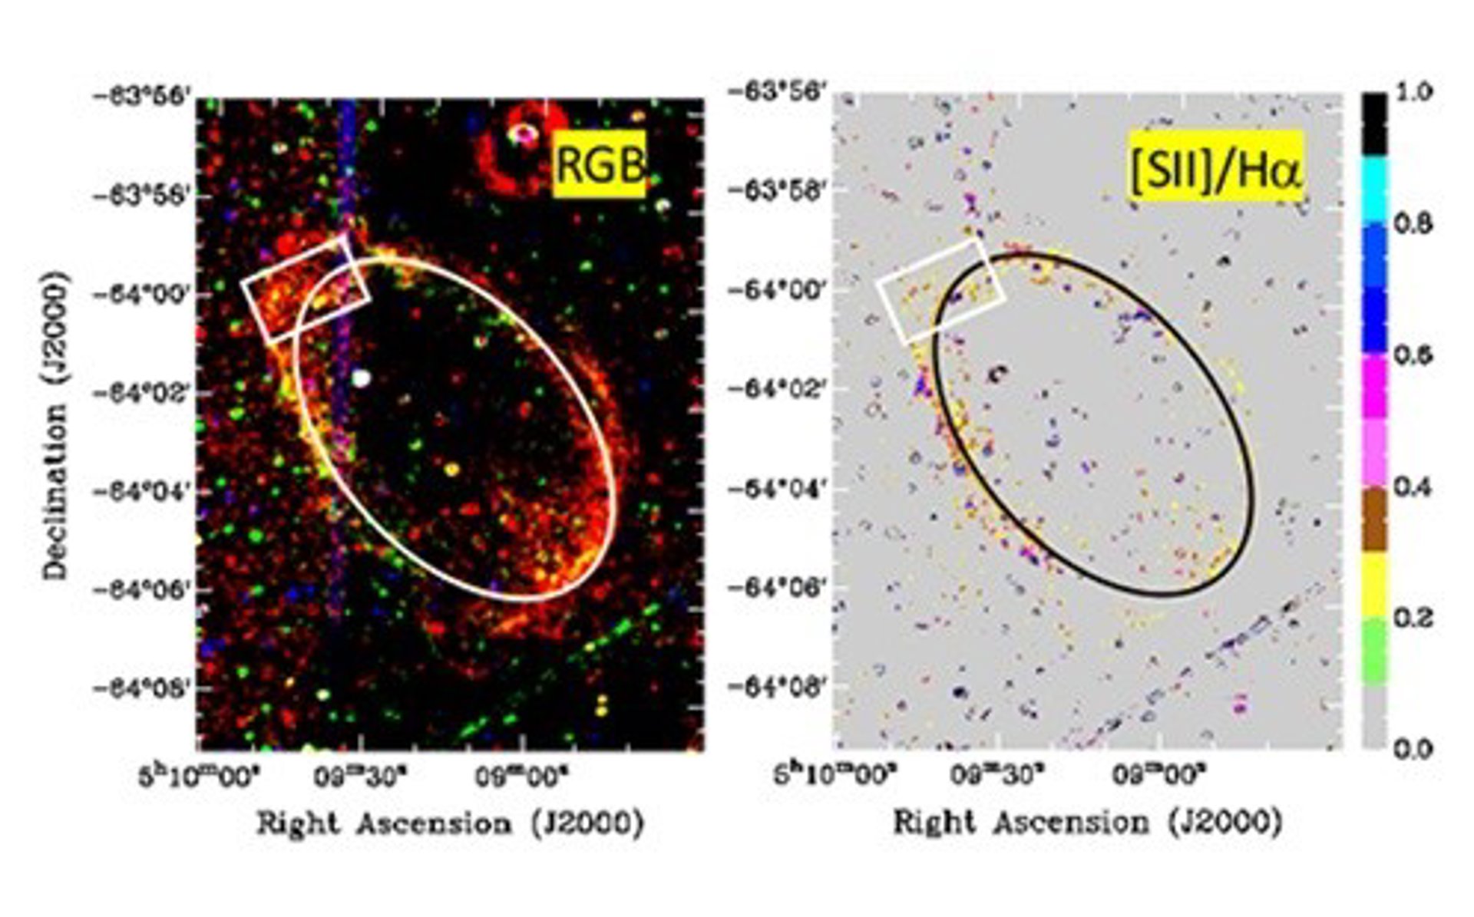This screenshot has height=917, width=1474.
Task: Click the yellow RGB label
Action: click(599, 165)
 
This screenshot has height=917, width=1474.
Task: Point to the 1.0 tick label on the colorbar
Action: click(1413, 93)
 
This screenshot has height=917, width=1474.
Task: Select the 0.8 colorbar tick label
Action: click(1413, 225)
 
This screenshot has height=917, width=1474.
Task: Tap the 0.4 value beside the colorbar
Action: click(1413, 487)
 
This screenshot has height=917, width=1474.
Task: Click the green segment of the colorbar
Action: click(1374, 651)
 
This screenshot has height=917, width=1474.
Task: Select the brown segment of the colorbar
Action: click(1374, 520)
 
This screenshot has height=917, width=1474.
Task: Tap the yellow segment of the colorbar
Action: click(1374, 585)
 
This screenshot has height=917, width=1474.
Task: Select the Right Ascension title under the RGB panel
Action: click(450, 824)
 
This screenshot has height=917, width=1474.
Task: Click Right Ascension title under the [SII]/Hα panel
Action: click(1087, 823)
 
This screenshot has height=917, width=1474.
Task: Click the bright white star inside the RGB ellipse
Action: click(361, 378)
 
